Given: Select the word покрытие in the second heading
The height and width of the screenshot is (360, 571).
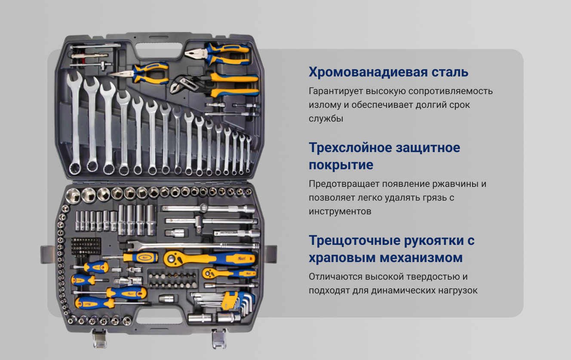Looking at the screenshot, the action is pos(341,165).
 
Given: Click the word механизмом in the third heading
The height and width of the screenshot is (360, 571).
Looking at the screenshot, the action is pos(421,258).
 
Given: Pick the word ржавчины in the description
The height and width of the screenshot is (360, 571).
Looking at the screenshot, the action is pos(455,184).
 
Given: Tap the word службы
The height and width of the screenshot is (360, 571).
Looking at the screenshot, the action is pos(326,119).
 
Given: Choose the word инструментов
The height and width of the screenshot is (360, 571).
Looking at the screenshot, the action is pos(340,211).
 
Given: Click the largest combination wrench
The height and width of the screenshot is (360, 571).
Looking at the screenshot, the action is pos(74,122).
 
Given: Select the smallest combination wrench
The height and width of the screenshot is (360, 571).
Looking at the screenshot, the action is pos(248,154).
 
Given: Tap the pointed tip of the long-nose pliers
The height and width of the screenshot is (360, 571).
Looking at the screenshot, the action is pos(111,74).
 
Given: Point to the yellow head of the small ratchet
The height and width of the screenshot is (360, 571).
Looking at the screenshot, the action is pos(209,274).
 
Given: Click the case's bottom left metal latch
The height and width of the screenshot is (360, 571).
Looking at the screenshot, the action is pos(100,339).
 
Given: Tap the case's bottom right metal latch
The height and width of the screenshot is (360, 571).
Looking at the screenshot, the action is pos(219,339).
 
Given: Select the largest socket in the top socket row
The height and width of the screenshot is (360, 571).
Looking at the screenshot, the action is pos(73,195).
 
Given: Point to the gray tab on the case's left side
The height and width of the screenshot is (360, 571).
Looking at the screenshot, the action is pos(48,254).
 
